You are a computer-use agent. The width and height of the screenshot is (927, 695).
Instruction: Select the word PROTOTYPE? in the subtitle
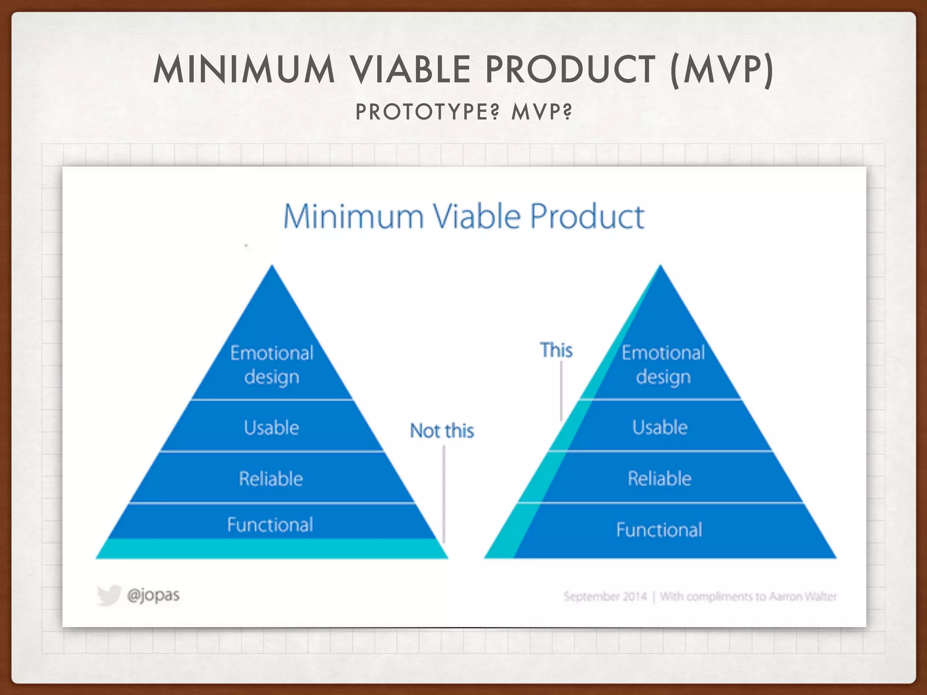[x=427, y=112]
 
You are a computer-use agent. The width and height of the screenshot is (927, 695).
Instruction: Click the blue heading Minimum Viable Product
[x=463, y=217]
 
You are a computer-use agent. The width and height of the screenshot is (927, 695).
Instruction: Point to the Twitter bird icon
[x=109, y=595]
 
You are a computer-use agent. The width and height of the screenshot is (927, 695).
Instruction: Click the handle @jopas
[x=153, y=595]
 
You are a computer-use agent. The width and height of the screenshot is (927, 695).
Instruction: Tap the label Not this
[x=442, y=431]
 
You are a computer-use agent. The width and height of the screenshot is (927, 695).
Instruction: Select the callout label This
[x=556, y=350]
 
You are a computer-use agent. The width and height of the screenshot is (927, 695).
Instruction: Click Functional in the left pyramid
[x=270, y=525]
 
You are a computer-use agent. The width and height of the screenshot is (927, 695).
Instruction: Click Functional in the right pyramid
[x=659, y=530]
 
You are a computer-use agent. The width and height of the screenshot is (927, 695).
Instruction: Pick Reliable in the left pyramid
[x=271, y=479]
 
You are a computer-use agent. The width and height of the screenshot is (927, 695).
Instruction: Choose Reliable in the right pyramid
[x=659, y=478]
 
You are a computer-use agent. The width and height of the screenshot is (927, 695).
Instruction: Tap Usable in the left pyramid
[x=272, y=428]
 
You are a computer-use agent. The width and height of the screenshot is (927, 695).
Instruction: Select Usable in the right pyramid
[x=660, y=427]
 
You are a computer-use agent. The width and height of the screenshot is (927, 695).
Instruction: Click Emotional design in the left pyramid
[x=272, y=365]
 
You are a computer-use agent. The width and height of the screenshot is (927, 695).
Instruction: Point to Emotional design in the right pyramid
[x=663, y=365]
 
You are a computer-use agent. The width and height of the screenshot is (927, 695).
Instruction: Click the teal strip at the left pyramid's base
[x=272, y=549]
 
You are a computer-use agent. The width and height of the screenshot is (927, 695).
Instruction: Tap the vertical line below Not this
[x=444, y=493]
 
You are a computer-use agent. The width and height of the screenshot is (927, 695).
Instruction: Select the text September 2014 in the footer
[x=605, y=596]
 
